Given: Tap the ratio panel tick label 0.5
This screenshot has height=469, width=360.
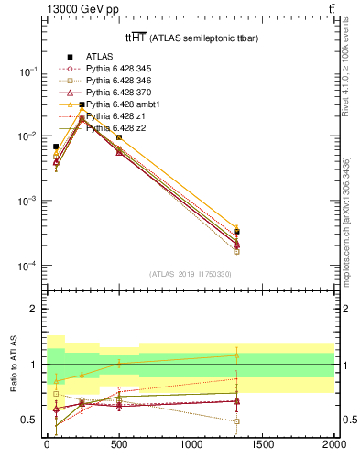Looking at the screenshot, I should pyautogui.click(x=28, y=420).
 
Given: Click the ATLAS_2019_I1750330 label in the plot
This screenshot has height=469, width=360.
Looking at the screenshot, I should pyautogui.click(x=190, y=274).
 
